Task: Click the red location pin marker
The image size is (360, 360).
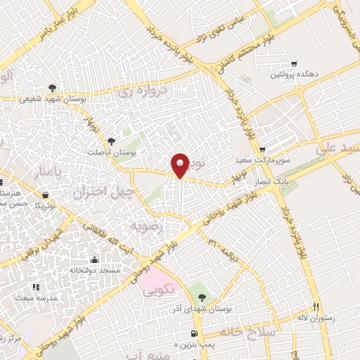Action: pyautogui.click(x=181, y=166)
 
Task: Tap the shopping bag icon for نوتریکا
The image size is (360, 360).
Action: pyautogui.click(x=46, y=195)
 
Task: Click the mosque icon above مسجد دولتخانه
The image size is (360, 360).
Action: pyautogui.click(x=94, y=259)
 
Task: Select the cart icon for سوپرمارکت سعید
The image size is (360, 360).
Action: pyautogui.click(x=262, y=150)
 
